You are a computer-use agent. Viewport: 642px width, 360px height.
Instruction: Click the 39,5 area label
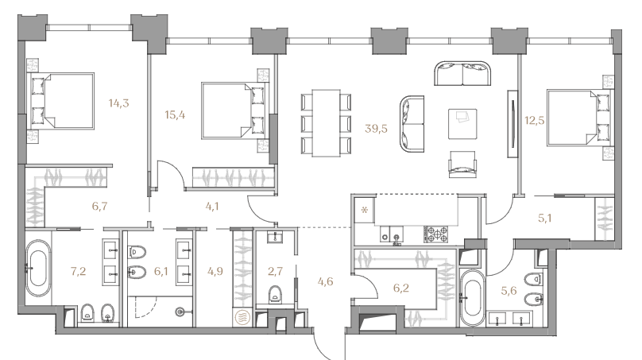[376, 129]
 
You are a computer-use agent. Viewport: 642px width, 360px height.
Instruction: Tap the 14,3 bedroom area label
[118, 103]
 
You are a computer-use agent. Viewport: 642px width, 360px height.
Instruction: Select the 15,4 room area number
[175, 115]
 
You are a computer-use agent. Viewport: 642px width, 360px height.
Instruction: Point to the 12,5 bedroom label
[535, 120]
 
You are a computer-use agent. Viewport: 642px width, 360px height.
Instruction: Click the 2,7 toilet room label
[275, 271]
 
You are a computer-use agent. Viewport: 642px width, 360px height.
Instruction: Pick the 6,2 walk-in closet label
[400, 288]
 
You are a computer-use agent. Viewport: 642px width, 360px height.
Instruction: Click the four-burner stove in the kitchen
[437, 234]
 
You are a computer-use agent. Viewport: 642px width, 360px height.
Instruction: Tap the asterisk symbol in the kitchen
[365, 211]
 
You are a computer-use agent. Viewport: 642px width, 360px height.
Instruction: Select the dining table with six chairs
[326, 123]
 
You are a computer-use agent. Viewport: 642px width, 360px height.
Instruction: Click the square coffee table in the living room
[462, 124]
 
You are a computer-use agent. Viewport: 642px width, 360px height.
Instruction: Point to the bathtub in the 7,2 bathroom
[38, 269]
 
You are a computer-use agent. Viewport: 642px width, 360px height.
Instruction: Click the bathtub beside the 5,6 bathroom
[472, 298]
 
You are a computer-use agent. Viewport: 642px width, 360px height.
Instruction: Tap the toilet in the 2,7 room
[275, 294]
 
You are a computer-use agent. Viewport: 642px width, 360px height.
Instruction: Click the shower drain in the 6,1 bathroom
[180, 312]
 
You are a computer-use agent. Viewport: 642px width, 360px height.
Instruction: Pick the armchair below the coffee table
[462, 165]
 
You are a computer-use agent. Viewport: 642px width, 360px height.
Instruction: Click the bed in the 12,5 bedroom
[578, 118]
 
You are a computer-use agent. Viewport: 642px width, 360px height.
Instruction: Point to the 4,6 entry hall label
[325, 281]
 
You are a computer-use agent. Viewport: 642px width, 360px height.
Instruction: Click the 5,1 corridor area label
[544, 219]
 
